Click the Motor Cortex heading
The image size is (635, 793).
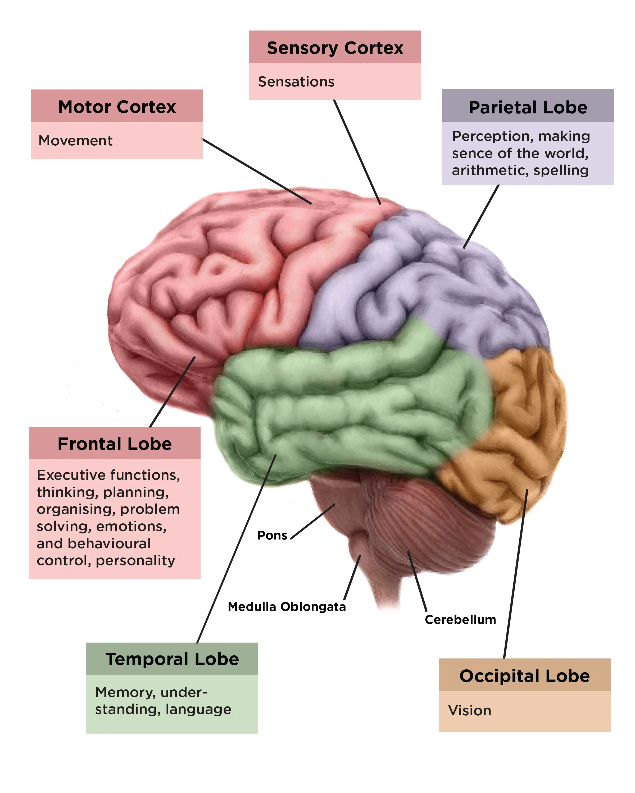point(117,107)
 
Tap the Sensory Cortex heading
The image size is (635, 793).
point(335,48)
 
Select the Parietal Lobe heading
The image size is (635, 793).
point(528,107)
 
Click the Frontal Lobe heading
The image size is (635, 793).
point(115,444)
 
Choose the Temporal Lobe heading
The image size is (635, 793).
point(172,659)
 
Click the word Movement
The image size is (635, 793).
point(75,141)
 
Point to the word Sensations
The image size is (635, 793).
point(296,82)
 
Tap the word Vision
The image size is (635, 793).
point(469,711)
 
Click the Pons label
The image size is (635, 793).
point(272,536)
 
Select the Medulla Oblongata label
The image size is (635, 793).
point(287,607)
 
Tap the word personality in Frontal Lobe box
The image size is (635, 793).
point(135,561)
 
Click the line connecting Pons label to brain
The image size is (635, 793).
point(313,521)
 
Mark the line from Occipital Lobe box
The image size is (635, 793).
point(515,574)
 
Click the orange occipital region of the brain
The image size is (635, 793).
point(523,423)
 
